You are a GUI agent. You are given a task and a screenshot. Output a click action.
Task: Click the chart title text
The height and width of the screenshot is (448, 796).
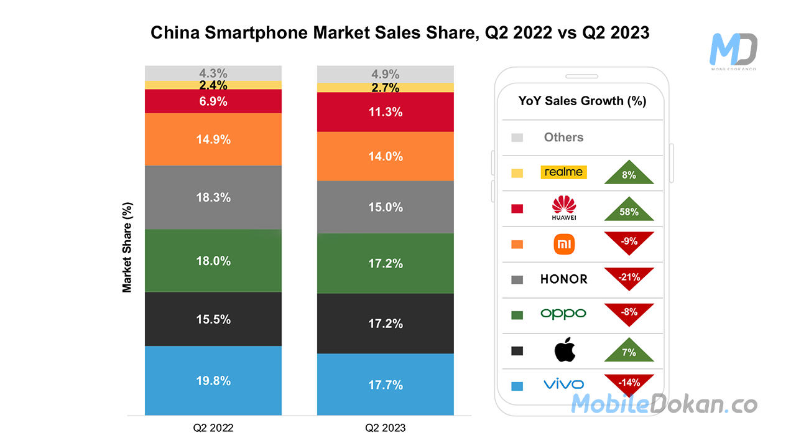tap(400, 32)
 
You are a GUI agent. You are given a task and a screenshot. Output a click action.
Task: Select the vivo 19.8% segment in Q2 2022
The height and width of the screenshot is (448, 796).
tap(213, 380)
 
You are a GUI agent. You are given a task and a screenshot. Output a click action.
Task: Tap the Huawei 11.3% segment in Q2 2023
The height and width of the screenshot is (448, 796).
tap(385, 112)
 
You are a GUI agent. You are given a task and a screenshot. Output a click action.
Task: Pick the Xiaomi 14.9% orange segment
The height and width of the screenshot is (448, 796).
tap(213, 139)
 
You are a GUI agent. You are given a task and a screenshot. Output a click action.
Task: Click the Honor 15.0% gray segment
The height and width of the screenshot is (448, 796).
tap(385, 207)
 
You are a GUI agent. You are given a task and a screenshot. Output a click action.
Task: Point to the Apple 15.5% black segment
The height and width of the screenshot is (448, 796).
tap(213, 319)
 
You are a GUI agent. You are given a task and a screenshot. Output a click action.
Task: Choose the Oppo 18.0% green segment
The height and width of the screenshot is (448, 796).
tap(213, 261)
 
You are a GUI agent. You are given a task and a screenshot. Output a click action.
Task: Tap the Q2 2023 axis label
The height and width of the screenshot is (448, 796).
tap(385, 428)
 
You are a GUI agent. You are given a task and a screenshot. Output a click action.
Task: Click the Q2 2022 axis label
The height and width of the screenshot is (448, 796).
tap(213, 428)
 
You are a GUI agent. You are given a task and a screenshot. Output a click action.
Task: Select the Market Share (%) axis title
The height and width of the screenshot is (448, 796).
tap(127, 247)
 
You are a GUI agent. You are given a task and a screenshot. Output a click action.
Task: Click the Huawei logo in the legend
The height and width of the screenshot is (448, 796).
tap(564, 208)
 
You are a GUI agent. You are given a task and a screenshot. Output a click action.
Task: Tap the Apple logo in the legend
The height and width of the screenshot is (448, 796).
tap(565, 350)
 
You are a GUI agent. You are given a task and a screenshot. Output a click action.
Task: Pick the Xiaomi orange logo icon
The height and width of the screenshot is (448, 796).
tap(564, 243)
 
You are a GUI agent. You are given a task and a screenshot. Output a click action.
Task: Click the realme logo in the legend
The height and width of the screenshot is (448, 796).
tap(563, 172)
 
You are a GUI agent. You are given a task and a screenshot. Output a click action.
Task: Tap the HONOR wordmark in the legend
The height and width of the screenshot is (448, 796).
tap(563, 279)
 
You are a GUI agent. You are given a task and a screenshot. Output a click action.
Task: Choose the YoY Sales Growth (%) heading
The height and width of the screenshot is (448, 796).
tap(582, 101)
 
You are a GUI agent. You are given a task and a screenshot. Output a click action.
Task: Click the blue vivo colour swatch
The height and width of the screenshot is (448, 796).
tap(517, 386)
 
